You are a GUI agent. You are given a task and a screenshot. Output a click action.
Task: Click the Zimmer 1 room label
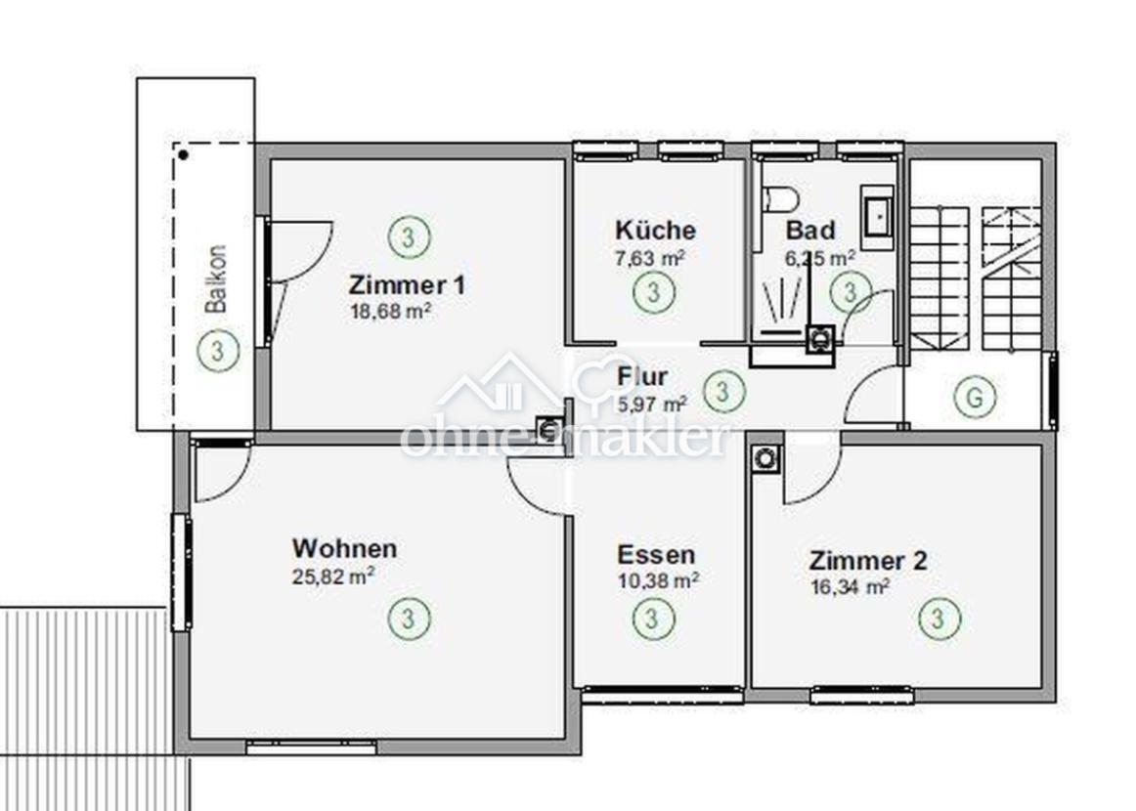coord(407,284)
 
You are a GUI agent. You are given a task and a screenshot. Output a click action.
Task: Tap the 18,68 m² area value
coord(391,312)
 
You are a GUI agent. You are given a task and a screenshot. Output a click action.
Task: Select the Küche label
coord(656,230)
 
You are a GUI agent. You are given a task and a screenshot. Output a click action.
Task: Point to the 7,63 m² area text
coord(650,258)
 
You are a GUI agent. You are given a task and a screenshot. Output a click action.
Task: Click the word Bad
coord(810,230)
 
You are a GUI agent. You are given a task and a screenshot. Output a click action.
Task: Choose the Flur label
coord(642,376)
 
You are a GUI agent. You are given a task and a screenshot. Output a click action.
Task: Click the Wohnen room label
coord(344,548)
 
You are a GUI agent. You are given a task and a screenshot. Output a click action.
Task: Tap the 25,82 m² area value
coord(333,576)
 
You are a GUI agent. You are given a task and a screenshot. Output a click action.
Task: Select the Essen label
coord(656,555)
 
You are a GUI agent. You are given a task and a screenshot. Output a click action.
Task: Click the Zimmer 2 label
coord(868,561)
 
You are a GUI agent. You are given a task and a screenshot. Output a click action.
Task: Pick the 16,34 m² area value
coord(851,586)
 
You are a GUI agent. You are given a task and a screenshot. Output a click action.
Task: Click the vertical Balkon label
coord(216,278)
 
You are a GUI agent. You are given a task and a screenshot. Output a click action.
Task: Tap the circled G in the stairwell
coord(975,397)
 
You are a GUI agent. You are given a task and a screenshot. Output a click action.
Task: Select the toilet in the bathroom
coord(780,197)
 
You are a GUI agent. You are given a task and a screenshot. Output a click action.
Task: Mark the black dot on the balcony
coord(184,155)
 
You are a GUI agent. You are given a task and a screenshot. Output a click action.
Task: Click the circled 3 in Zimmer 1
coord(409,236)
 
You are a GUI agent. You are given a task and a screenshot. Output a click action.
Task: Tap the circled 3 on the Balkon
coord(218,351)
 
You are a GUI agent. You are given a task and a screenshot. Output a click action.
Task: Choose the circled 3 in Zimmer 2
coord(939,619)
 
